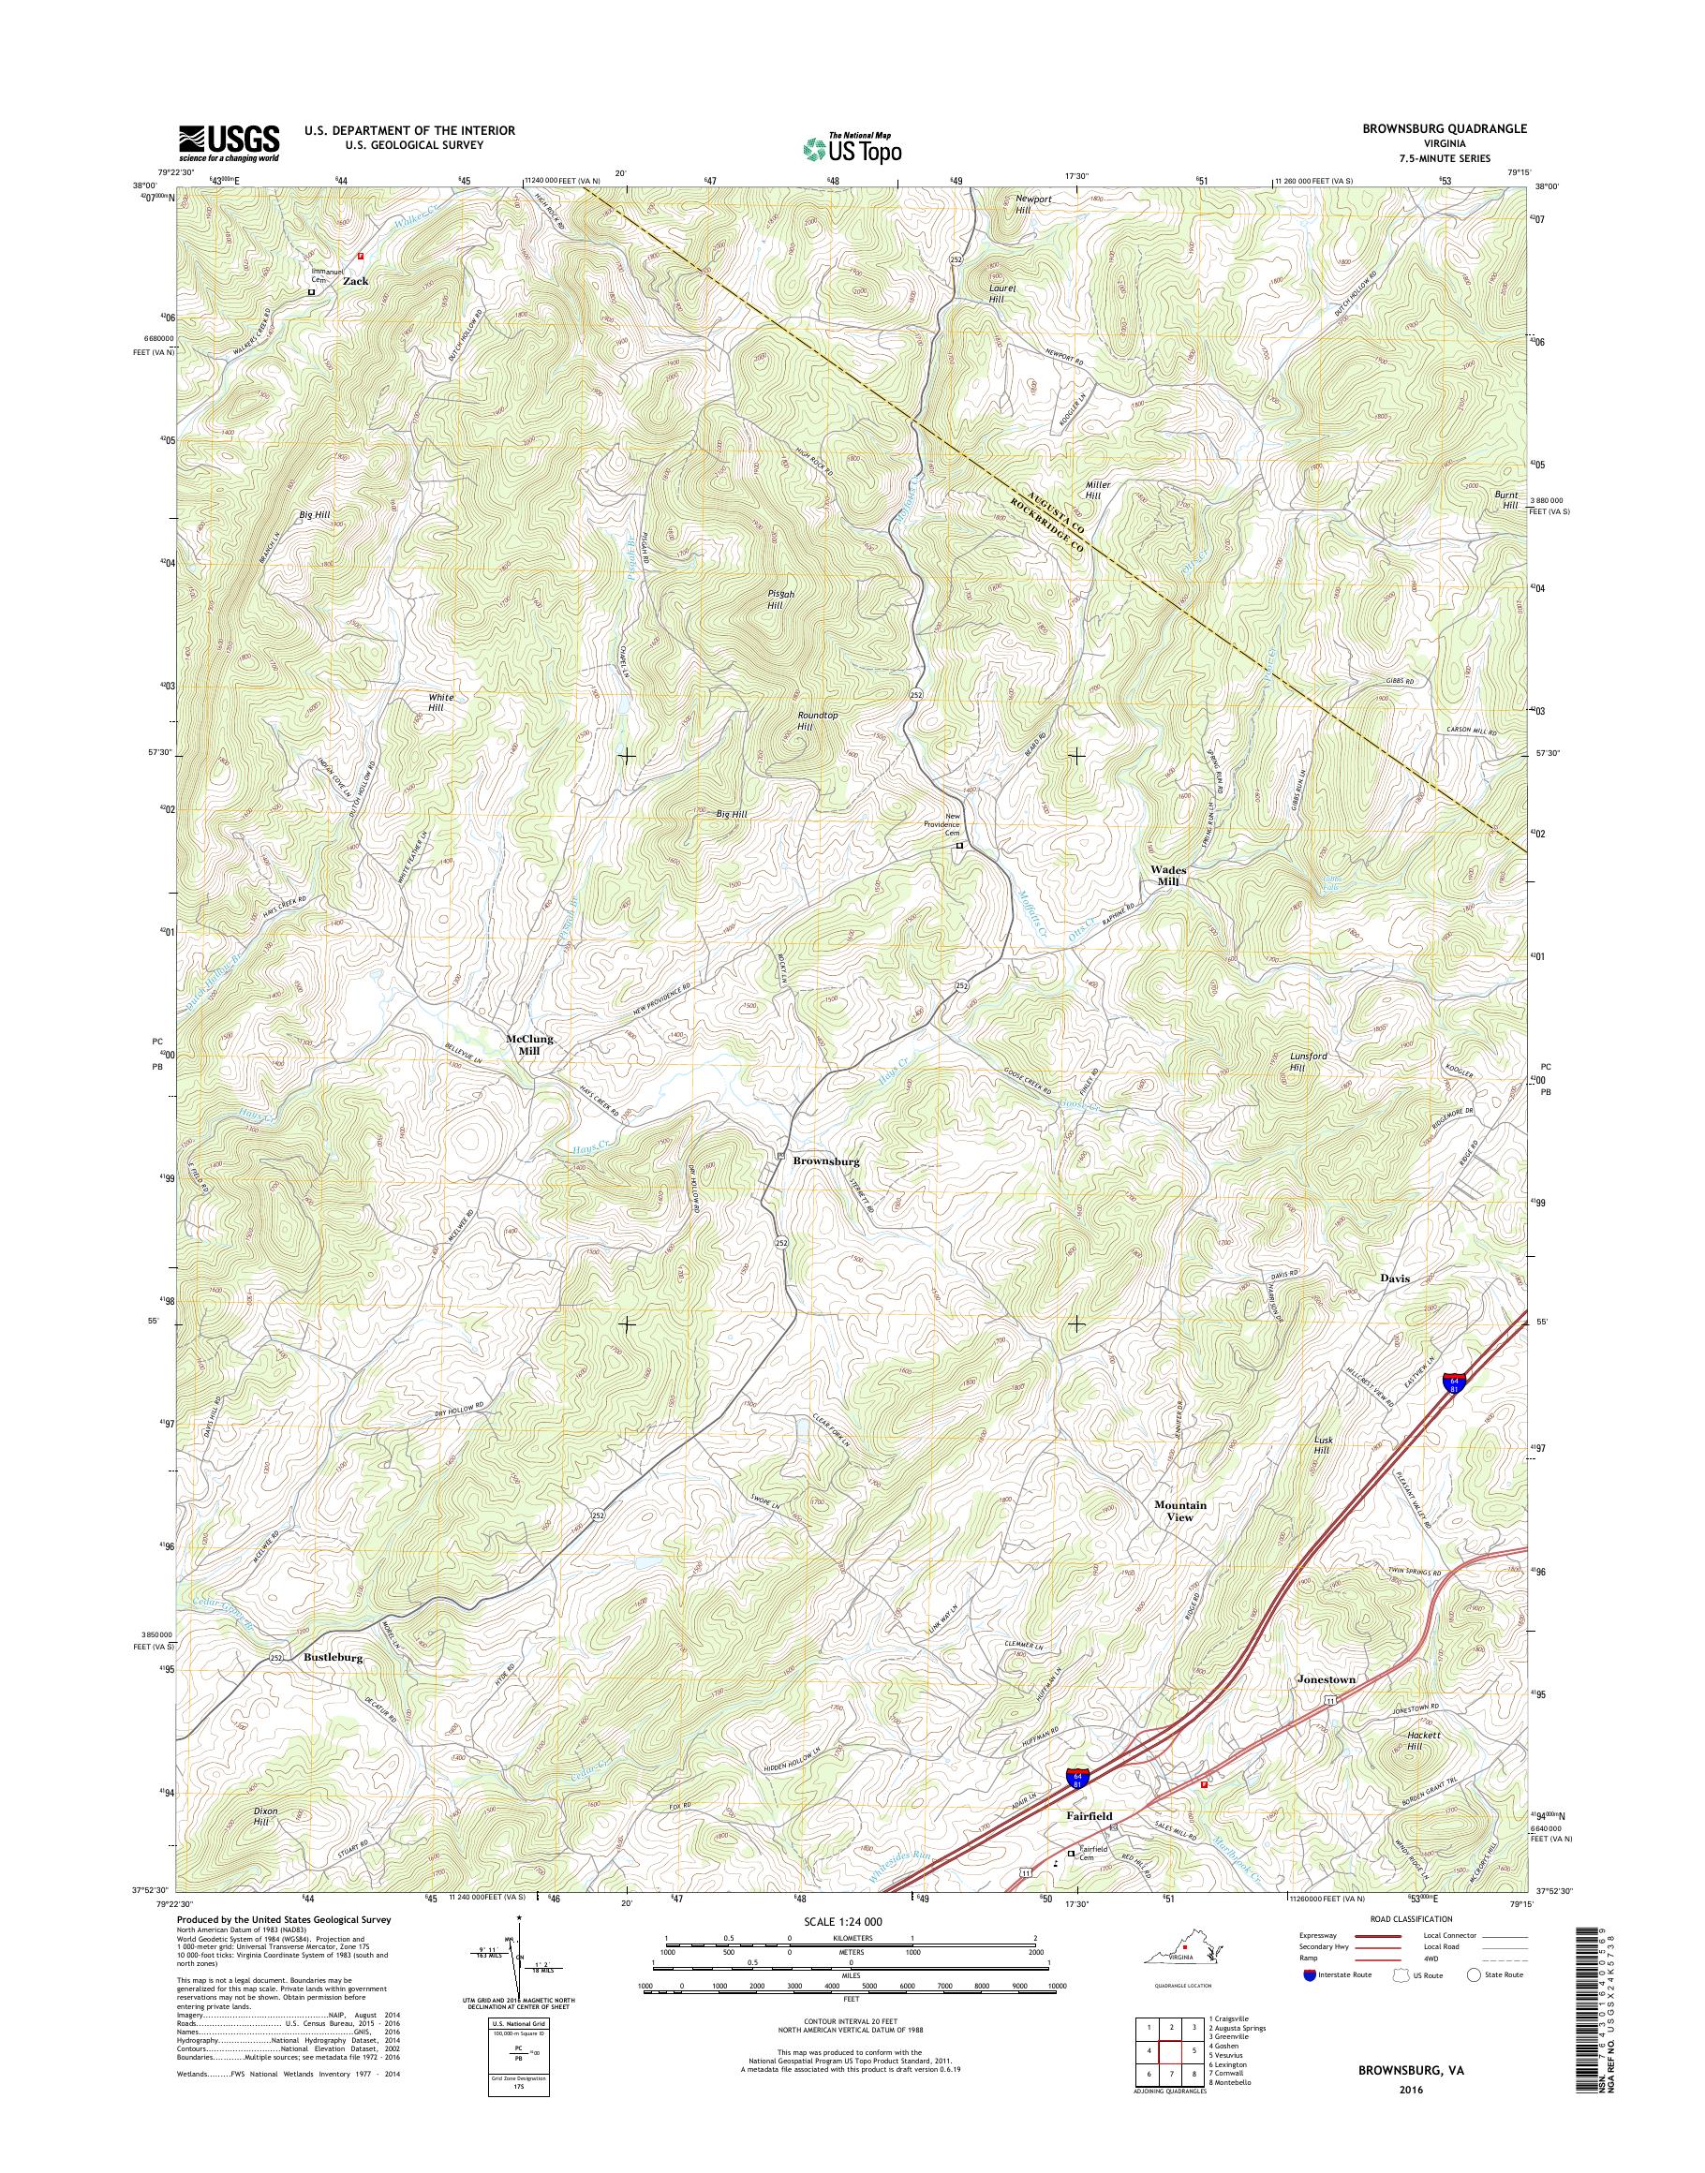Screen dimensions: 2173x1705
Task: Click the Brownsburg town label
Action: [825, 1161]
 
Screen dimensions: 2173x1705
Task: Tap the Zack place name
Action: [355, 282]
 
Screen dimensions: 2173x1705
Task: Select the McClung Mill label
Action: [529, 1044]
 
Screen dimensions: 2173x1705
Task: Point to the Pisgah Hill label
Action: [775, 599]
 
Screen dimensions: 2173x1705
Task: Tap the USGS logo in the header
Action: [229, 143]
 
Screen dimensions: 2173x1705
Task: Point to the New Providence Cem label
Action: [941, 823]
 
